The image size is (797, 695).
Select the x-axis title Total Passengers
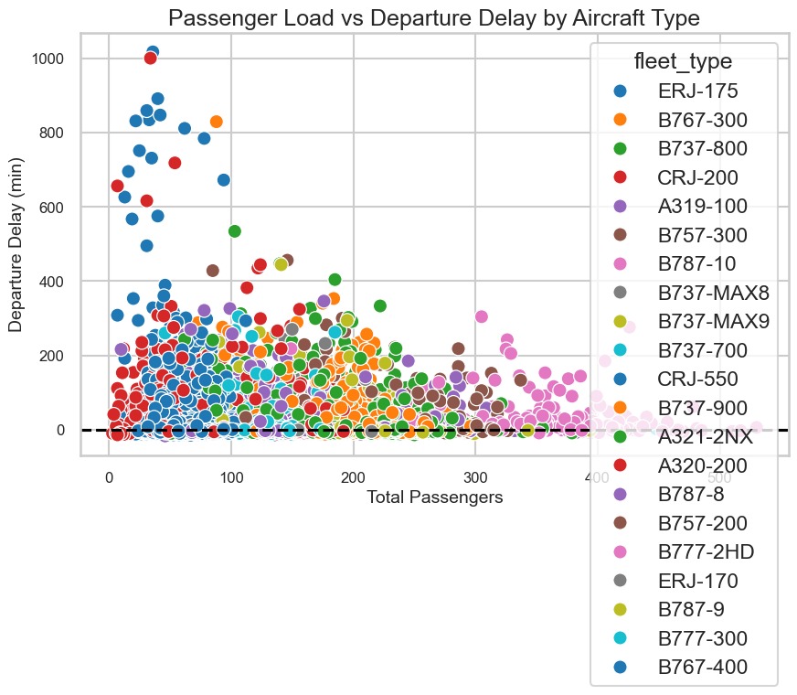(x=434, y=497)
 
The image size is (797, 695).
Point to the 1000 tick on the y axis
(x=54, y=59)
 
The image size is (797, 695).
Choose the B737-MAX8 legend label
(x=713, y=293)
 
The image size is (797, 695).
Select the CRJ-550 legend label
(x=696, y=379)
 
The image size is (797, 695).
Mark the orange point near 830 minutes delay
(x=217, y=122)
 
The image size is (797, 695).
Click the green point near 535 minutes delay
(x=234, y=230)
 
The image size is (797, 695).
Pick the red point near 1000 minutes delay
(x=151, y=59)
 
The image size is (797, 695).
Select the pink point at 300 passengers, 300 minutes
(x=482, y=316)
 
